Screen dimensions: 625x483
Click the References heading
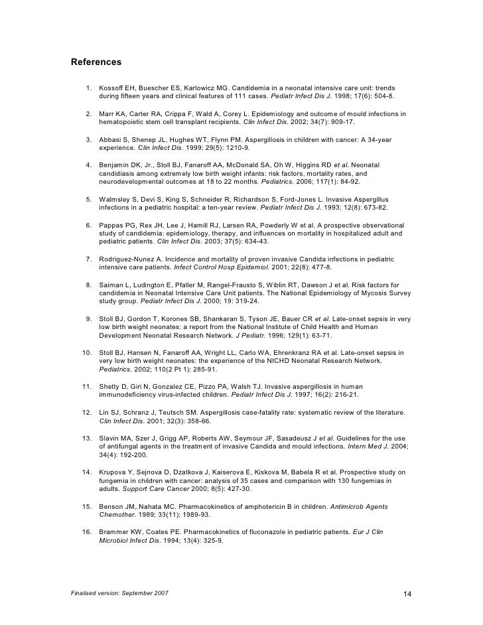(96, 62)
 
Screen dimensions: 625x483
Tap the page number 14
(408, 592)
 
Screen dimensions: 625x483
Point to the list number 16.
(86, 532)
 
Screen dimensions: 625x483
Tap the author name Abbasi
(110, 140)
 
